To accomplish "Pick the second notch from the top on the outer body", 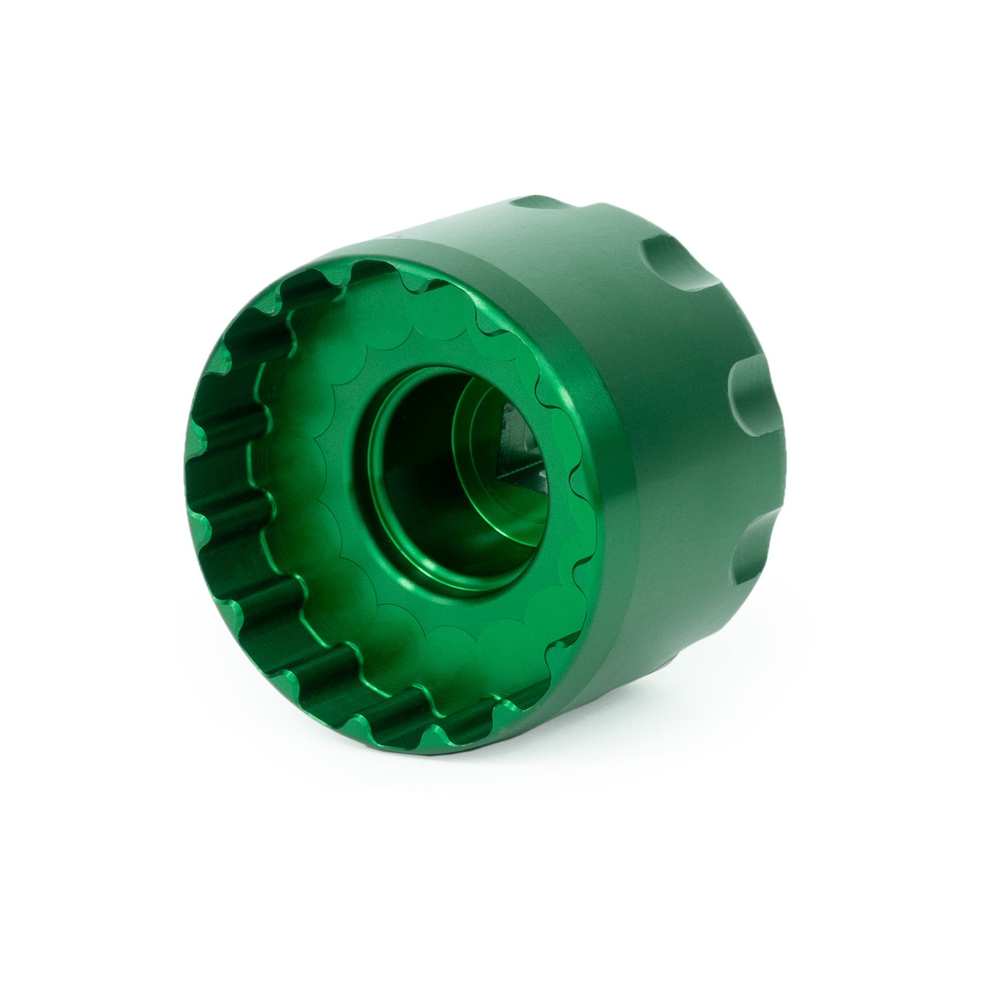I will [667, 267].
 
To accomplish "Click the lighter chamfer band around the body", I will [616, 462].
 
